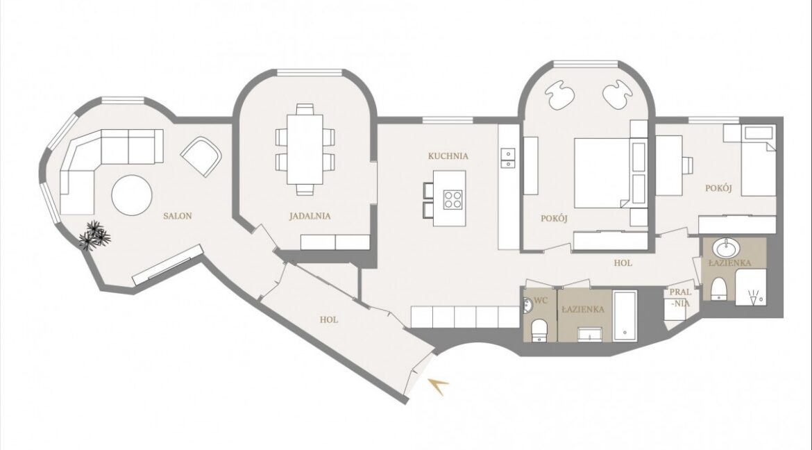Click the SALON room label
(x=177, y=216)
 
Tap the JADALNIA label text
(x=310, y=217)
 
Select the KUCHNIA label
(x=448, y=156)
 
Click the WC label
(x=541, y=300)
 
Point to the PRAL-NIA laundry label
(x=680, y=298)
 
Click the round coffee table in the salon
(x=132, y=195)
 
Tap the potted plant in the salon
(x=94, y=236)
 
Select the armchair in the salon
(x=201, y=156)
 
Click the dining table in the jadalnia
(x=305, y=149)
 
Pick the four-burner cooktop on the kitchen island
(x=452, y=199)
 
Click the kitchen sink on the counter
(x=507, y=158)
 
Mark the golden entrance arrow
(x=438, y=385)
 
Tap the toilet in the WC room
(x=540, y=331)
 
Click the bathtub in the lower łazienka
(x=625, y=316)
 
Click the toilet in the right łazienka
(x=719, y=290)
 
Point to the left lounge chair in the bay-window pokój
(x=559, y=96)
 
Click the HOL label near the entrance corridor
(x=329, y=320)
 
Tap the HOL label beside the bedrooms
(x=623, y=262)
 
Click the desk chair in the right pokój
(x=687, y=165)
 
